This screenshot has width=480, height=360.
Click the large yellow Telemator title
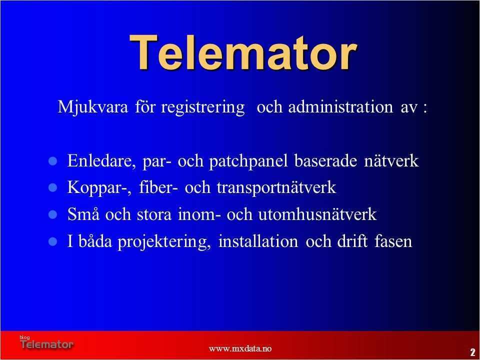point(243,52)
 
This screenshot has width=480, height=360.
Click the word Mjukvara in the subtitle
point(93,107)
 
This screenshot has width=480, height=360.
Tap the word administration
point(340,107)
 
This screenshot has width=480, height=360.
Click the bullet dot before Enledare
point(53,161)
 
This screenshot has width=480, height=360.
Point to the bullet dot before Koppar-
point(53,187)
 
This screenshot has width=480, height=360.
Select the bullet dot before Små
point(53,214)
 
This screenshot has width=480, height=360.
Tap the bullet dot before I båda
point(53,241)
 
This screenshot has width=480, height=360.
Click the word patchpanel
point(248,161)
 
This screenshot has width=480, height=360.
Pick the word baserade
point(325,160)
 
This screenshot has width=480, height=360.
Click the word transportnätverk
point(276,187)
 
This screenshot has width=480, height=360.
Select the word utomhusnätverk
point(317,214)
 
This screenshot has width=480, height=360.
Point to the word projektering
point(164,242)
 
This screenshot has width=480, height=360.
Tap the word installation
point(258,241)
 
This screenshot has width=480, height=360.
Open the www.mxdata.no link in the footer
point(240,348)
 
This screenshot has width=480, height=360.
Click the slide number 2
point(472,352)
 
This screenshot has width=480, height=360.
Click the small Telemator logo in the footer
point(47,344)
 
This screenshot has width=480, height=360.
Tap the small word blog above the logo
point(25,337)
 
